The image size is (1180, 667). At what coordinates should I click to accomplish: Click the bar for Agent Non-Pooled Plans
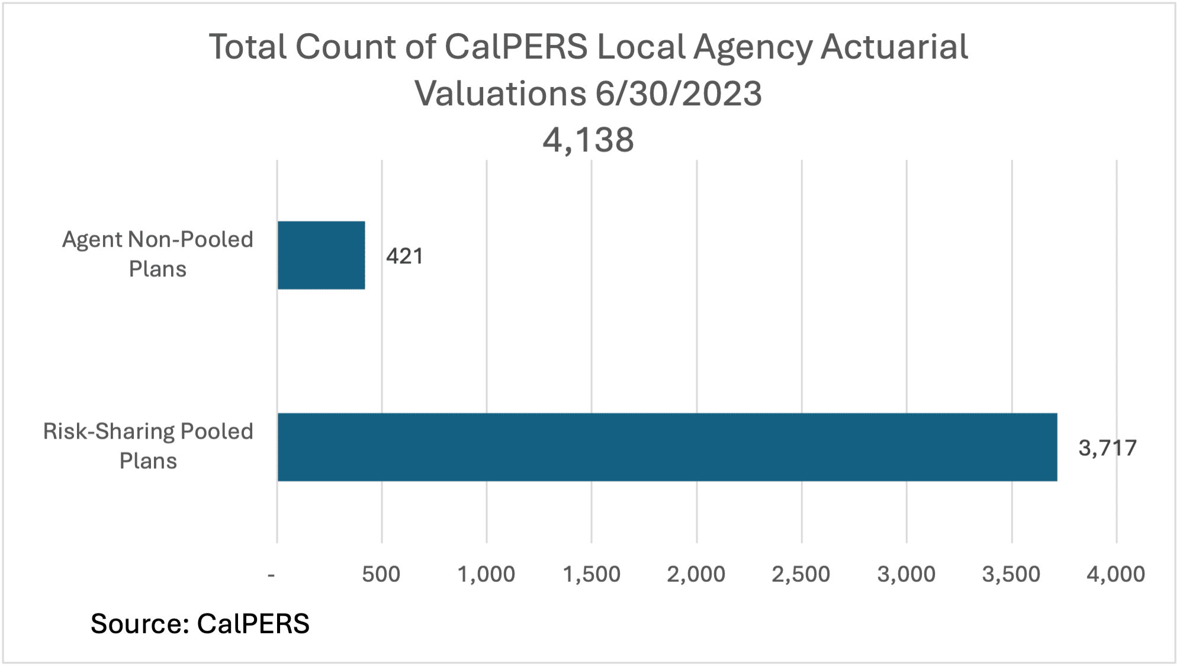321,255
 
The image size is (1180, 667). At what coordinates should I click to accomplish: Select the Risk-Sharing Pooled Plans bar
667,447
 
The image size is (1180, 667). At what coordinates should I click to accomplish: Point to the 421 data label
405,256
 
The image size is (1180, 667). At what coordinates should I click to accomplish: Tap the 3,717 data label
1107,448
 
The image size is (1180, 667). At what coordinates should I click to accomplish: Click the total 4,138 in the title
588,140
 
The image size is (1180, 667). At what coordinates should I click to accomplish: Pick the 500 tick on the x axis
381,574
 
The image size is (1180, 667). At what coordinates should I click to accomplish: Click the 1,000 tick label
486,574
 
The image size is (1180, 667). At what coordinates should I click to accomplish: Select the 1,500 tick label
591,574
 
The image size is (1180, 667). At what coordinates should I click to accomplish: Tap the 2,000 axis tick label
696,574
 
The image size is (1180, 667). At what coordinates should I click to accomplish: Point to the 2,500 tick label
801,574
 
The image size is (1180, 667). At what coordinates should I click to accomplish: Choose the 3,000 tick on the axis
906,574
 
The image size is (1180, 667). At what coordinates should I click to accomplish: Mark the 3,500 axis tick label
1011,574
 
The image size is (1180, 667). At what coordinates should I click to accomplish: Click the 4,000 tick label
1116,574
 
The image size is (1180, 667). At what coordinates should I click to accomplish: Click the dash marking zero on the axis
272,575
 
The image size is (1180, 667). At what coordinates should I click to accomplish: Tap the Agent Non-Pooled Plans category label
157,254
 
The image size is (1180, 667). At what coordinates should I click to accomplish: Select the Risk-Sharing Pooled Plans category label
148,446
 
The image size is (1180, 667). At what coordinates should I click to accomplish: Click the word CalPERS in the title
516,47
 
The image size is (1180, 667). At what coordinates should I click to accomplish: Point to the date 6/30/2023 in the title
679,94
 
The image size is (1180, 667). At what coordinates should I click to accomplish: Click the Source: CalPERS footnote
200,623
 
